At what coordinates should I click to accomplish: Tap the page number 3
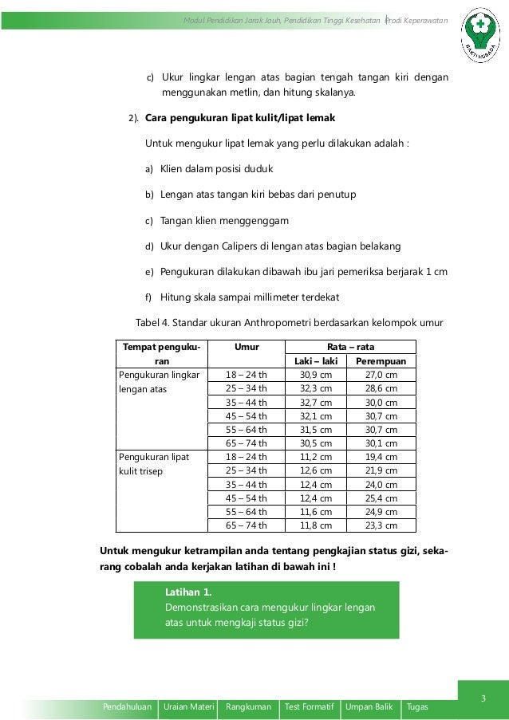[483, 699]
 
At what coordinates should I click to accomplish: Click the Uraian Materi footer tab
[188, 707]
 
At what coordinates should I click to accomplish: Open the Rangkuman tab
[248, 707]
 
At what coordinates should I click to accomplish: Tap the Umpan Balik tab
[369, 707]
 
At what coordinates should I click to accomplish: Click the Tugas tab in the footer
[417, 707]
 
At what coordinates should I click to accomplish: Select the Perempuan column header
[381, 361]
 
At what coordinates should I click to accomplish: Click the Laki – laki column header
[317, 361]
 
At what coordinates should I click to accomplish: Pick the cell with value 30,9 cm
[316, 375]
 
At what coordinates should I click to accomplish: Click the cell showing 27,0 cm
[381, 375]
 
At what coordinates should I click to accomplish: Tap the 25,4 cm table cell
[381, 498]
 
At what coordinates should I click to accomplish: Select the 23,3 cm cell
[381, 525]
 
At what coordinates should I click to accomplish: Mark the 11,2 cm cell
[316, 457]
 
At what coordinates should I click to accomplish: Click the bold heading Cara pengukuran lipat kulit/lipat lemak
[240, 118]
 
